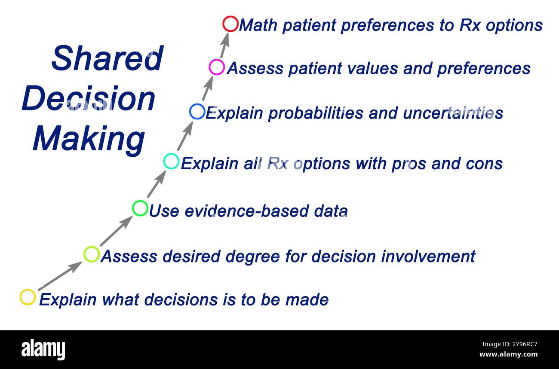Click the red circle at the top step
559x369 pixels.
coord(230,24)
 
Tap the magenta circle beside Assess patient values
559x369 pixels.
coord(217,67)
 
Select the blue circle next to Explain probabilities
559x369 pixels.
coord(197,112)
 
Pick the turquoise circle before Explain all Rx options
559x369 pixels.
coord(171,162)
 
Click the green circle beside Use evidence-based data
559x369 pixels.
coord(140,208)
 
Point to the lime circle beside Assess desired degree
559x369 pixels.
coord(92,254)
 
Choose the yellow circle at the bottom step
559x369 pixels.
coord(28,297)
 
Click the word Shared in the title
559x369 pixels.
coord(107,58)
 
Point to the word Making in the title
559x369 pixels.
coord(89,139)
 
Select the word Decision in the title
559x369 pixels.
coord(88,99)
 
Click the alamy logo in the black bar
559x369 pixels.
coord(43,349)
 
